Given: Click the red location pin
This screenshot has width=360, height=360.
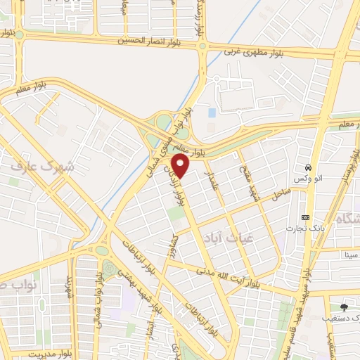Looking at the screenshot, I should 181,166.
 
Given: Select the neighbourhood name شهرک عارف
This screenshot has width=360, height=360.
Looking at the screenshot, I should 42,168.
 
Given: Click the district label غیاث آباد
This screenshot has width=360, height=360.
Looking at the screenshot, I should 221,239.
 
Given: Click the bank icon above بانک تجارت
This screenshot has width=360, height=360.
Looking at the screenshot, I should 304,217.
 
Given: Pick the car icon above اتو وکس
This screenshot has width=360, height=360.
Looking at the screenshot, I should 309,167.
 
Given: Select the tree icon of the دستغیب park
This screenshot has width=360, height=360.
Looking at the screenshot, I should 343,307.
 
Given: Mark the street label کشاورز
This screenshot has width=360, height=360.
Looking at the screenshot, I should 175,247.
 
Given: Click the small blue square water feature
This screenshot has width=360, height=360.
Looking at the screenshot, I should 212,112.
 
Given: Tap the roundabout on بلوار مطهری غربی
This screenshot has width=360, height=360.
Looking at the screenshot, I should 202,47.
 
